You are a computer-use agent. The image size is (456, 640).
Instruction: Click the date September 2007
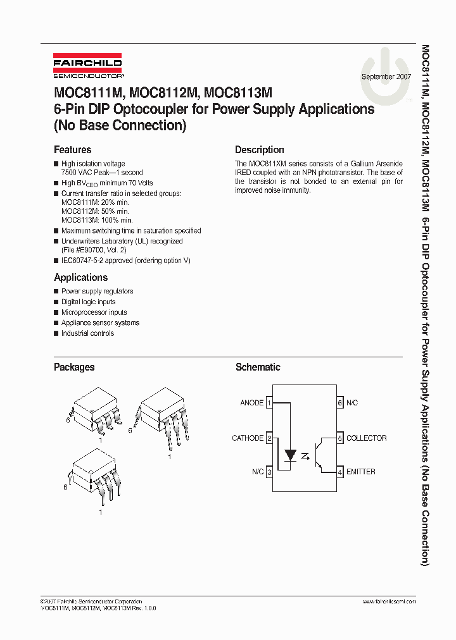pos(386,77)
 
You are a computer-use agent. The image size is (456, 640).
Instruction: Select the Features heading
pos(72,150)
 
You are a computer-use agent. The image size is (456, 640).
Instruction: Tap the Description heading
pos(260,150)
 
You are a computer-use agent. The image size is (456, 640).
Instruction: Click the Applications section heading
pos(80,278)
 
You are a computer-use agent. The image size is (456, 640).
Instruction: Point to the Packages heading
pos(74,367)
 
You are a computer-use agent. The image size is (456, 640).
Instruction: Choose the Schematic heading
pos(258,367)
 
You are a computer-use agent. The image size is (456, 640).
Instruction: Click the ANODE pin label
pos(251,403)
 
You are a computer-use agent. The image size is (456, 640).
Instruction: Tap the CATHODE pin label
pos(248,438)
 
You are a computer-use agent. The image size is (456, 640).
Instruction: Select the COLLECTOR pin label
pos(366,438)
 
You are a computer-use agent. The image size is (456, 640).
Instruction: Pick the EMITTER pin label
pos(361,472)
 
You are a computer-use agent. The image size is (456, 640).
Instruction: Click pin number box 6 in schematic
pos(340,403)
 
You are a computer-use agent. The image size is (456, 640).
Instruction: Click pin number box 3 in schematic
pos(269,472)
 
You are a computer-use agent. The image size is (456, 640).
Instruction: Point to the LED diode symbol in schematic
pos(291,455)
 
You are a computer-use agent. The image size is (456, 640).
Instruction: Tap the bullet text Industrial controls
pos(87,333)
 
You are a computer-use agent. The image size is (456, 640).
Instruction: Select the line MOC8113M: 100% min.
pos(97,220)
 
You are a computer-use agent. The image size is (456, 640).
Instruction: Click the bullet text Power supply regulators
pos(97,292)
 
